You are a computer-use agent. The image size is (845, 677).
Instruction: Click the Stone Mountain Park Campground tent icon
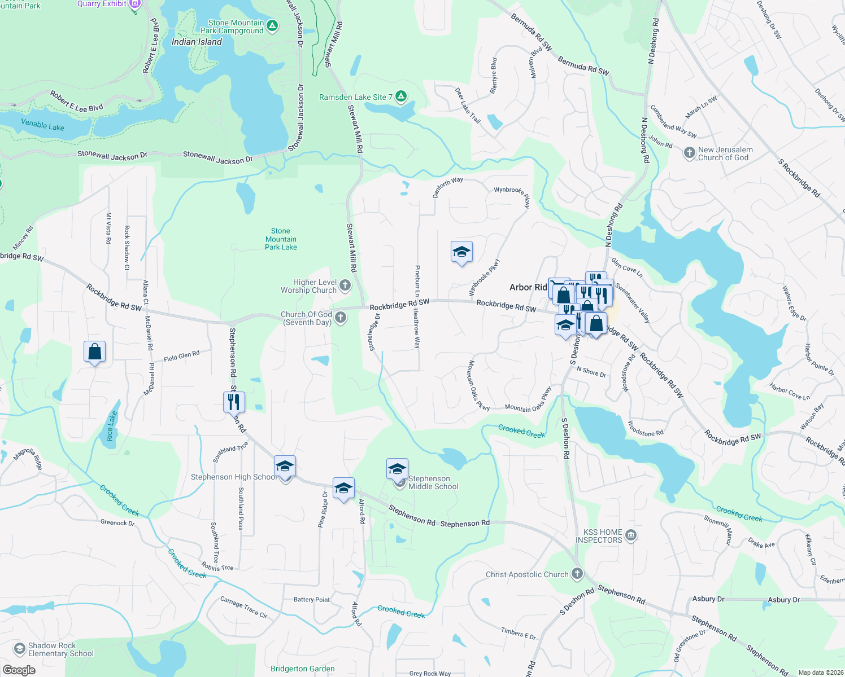point(272,26)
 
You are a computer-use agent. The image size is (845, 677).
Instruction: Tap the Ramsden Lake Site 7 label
point(355,97)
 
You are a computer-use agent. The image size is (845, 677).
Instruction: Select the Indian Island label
point(197,42)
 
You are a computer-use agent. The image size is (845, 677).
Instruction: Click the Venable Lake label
point(42,125)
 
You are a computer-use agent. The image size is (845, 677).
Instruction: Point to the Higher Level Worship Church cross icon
point(345,285)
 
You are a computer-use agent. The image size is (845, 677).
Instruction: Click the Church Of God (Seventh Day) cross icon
point(341,318)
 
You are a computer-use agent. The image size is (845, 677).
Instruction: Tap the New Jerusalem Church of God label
point(725,153)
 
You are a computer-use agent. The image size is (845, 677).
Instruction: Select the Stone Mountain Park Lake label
point(281,239)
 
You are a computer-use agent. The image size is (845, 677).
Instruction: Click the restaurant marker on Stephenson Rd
point(234,402)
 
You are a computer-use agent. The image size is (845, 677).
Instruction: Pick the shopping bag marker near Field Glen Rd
point(95,351)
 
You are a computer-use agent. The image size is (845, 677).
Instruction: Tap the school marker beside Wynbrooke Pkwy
point(461,252)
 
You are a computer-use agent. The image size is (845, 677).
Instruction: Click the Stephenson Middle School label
point(433,482)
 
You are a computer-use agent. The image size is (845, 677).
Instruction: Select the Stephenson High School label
point(233,477)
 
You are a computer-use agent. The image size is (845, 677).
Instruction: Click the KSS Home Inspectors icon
point(631,535)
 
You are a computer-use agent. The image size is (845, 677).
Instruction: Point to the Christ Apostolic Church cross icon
point(577,574)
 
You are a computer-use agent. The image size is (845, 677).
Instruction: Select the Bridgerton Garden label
point(302,669)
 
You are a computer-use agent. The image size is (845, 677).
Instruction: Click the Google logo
point(19,670)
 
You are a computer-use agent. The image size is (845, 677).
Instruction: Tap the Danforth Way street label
point(447,187)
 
